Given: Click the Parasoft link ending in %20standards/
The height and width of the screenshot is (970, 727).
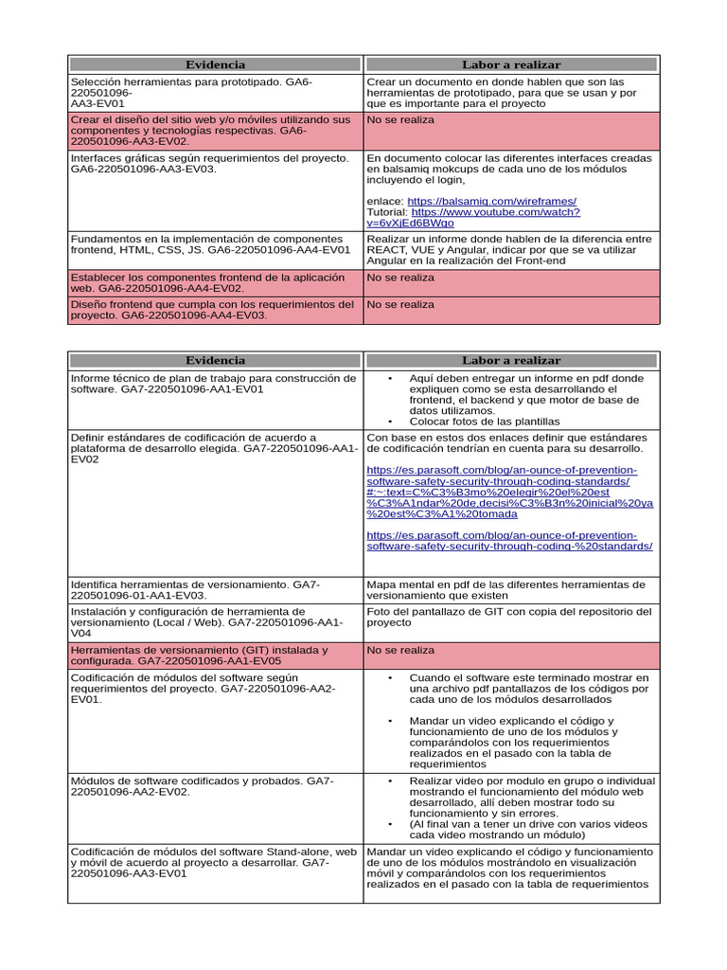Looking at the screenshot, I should click(x=508, y=541).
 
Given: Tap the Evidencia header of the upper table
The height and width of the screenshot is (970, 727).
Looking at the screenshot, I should click(x=215, y=64).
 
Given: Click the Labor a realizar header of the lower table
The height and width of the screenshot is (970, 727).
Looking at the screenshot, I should click(x=511, y=360).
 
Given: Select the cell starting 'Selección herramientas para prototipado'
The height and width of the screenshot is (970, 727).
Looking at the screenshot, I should click(x=215, y=93).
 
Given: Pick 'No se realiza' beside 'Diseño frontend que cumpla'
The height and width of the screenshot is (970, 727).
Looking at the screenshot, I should click(x=400, y=305).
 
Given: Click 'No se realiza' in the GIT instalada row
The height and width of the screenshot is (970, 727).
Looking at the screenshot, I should click(x=400, y=651).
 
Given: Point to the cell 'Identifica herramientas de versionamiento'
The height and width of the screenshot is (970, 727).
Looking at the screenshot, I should click(x=215, y=590).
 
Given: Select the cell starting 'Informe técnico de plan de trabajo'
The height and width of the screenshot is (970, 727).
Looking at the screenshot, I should click(x=215, y=384).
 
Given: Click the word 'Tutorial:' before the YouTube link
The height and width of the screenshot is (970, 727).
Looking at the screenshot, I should click(x=386, y=212).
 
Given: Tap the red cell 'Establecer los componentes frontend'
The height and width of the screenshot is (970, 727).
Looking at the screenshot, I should click(x=215, y=282).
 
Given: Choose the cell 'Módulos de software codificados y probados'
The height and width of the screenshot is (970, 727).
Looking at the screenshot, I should click(x=215, y=786).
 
